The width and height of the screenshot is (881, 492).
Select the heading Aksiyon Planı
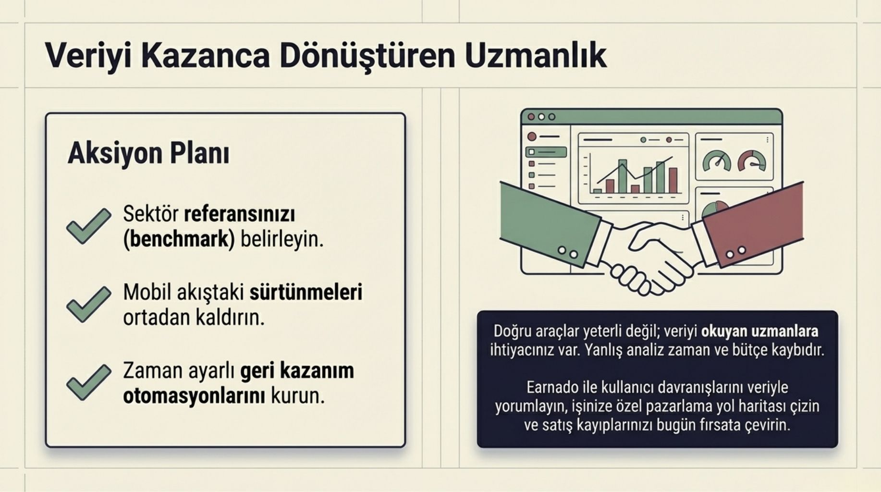[148, 154]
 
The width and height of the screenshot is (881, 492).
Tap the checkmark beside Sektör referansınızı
[88, 226]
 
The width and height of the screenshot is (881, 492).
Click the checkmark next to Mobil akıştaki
[88, 304]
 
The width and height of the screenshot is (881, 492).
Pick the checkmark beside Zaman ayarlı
[88, 382]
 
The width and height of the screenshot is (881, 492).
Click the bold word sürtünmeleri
[306, 292]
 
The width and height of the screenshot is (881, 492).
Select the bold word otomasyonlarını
[194, 396]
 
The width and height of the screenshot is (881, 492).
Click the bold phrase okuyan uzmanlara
[759, 331]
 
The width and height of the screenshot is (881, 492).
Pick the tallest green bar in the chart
[623, 176]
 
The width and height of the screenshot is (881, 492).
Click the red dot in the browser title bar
[531, 117]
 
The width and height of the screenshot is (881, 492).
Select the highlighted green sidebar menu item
[546, 152]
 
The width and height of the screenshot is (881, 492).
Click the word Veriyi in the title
[88, 56]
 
